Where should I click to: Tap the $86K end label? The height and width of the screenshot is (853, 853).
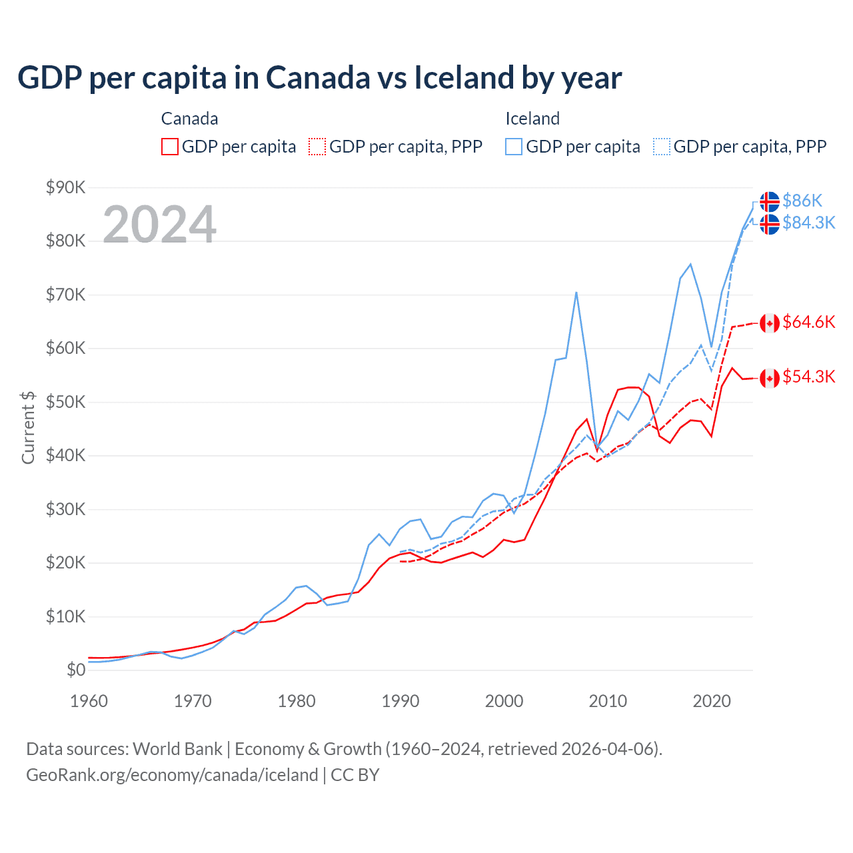pos(802,201)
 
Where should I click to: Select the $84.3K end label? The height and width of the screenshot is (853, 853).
pos(808,223)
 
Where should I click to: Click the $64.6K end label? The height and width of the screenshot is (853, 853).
pos(808,323)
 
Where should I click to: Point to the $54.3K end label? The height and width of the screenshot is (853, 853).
pos(808,377)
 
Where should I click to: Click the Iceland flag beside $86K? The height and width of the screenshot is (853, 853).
pos(770,201)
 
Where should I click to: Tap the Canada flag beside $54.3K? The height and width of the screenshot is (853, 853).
pos(770,379)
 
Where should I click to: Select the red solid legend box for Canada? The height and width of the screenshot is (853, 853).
pos(170,147)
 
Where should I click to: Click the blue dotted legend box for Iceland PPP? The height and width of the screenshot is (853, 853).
pos(662,147)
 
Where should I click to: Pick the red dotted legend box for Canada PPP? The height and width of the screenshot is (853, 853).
pos(317,147)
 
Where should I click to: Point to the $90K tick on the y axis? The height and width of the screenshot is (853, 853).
pos(65,187)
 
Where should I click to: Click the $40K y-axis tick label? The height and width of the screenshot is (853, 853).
pos(65,455)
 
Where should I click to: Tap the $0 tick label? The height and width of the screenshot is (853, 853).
pos(75,670)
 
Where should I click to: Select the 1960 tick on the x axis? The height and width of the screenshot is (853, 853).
pos(89,701)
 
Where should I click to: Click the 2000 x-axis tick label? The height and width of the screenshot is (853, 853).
pos(504,701)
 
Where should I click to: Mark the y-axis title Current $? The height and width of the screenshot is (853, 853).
pos(28,428)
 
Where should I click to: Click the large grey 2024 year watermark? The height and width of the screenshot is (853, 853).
pos(159,225)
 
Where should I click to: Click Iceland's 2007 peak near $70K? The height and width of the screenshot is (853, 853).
pos(576,293)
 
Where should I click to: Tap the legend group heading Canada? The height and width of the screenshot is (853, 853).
pos(189,119)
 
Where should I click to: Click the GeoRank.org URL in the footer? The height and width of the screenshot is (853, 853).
pos(172,775)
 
